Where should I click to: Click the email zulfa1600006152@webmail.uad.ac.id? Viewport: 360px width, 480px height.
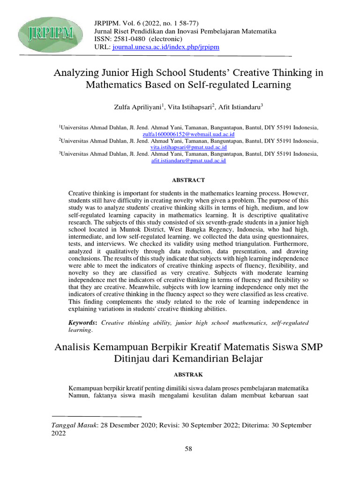[x=188, y=134]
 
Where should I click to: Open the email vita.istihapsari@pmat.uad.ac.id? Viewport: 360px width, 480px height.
[x=188, y=147]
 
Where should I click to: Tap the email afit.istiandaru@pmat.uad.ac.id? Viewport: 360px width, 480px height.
[x=188, y=161]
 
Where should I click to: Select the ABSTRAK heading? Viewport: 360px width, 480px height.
[x=188, y=375]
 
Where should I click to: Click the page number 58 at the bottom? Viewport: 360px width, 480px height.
[x=188, y=449]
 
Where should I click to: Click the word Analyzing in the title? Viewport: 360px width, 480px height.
[x=78, y=73]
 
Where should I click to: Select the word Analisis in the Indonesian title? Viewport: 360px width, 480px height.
[x=75, y=347]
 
